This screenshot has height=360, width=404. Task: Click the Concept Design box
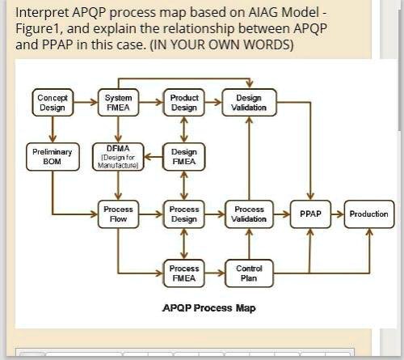pyautogui.click(x=53, y=103)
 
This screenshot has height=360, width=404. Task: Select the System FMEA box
pyautogui.click(x=119, y=103)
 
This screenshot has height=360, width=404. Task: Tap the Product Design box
pyautogui.click(x=184, y=103)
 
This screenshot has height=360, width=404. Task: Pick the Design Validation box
pyautogui.click(x=250, y=103)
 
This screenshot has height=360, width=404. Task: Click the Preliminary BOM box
pyautogui.click(x=53, y=156)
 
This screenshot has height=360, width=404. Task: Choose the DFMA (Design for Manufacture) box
pyautogui.click(x=119, y=156)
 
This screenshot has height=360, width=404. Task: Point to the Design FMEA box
pyautogui.click(x=184, y=156)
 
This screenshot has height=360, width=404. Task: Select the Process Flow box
pyautogui.click(x=119, y=214)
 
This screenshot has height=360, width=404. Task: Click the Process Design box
pyautogui.click(x=184, y=214)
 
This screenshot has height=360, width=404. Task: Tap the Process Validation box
pyautogui.click(x=250, y=214)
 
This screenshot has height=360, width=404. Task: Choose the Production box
pyautogui.click(x=368, y=214)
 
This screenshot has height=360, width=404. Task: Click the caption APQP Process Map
pyautogui.click(x=209, y=308)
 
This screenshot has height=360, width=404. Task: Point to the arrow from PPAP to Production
pyautogui.click(x=337, y=214)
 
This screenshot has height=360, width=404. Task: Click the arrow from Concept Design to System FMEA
pyautogui.click(x=86, y=103)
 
